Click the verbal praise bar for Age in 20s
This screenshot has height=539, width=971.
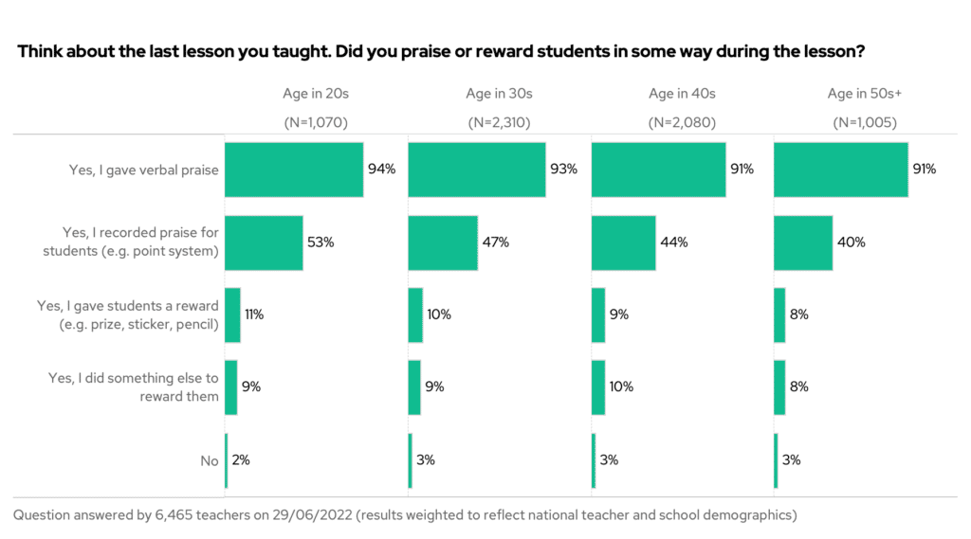pyautogui.click(x=293, y=170)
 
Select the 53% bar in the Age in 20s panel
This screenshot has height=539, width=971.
pyautogui.click(x=263, y=243)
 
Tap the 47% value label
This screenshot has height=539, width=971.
pyautogui.click(x=495, y=243)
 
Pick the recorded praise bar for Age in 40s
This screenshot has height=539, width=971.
pyautogui.click(x=623, y=243)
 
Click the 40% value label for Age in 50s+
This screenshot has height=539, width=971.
pyautogui.click(x=851, y=243)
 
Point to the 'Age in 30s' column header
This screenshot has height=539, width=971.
pyautogui.click(x=499, y=94)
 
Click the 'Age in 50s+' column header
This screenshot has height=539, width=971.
pyautogui.click(x=864, y=94)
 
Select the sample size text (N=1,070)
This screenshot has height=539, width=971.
pyautogui.click(x=316, y=123)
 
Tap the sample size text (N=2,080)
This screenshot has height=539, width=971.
pyautogui.click(x=682, y=123)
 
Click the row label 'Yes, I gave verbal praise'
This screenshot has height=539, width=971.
pyautogui.click(x=144, y=171)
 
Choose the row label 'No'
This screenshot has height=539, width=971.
pyautogui.click(x=209, y=461)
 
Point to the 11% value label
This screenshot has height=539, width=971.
pyautogui.click(x=254, y=314)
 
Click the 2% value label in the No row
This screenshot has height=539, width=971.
pyautogui.click(x=241, y=460)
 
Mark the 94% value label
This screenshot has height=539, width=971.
pyautogui.click(x=381, y=170)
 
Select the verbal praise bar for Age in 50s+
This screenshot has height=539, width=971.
pyautogui.click(x=840, y=170)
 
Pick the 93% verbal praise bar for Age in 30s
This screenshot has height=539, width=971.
pyautogui.click(x=476, y=170)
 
